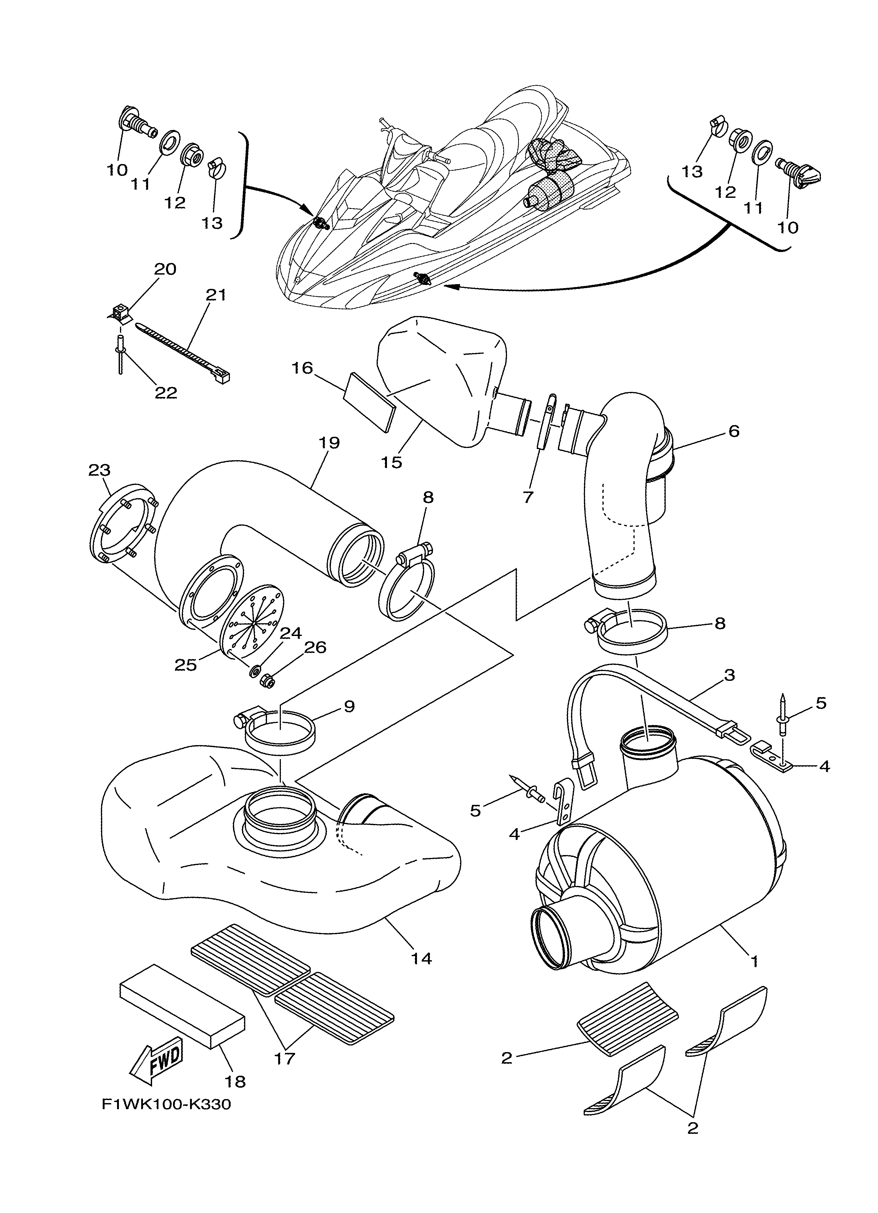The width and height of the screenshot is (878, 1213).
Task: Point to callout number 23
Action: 100,470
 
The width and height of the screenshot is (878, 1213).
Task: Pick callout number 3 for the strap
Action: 729,675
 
